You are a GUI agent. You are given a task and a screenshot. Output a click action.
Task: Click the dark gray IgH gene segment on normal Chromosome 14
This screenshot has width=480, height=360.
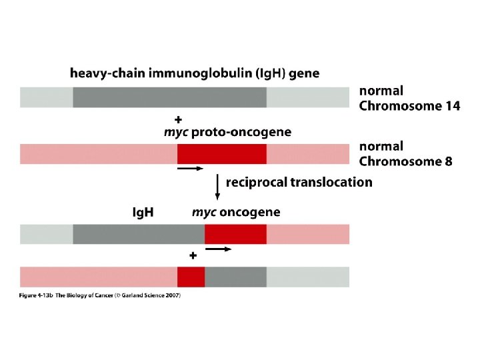pos(170,97)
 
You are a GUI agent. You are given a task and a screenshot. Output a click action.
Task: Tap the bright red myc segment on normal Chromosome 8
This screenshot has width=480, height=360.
pos(222,154)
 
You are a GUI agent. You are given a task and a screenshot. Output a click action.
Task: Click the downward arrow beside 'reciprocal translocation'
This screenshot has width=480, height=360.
pos(217,186)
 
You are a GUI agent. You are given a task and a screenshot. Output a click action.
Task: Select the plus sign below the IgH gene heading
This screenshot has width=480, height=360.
pos(178,119)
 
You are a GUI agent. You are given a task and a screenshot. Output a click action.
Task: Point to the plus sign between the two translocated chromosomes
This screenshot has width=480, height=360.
pos(193,255)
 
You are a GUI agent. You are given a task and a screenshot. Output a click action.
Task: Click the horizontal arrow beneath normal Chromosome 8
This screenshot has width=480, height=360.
pos(190,169)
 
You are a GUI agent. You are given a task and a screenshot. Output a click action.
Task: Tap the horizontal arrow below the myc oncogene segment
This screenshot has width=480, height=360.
pos(218,249)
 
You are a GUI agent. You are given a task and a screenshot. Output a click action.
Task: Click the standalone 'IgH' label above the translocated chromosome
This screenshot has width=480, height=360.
pos(143,213)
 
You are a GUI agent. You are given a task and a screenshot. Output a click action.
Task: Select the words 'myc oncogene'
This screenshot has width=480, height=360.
pos(236,213)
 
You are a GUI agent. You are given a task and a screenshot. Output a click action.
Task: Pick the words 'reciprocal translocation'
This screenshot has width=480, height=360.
pos(299,182)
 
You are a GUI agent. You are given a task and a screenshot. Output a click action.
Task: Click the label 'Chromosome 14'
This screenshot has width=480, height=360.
pos(409,105)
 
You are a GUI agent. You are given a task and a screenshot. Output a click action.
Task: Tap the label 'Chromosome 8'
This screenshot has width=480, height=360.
pos(405,161)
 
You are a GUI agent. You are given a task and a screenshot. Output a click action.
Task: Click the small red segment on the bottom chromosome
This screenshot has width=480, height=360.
pos(191,277)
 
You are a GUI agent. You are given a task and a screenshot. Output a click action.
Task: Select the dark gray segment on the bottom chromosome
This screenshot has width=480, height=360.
pos(235,277)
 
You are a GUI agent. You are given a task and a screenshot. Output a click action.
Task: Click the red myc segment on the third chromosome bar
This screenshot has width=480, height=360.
pos(235,234)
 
